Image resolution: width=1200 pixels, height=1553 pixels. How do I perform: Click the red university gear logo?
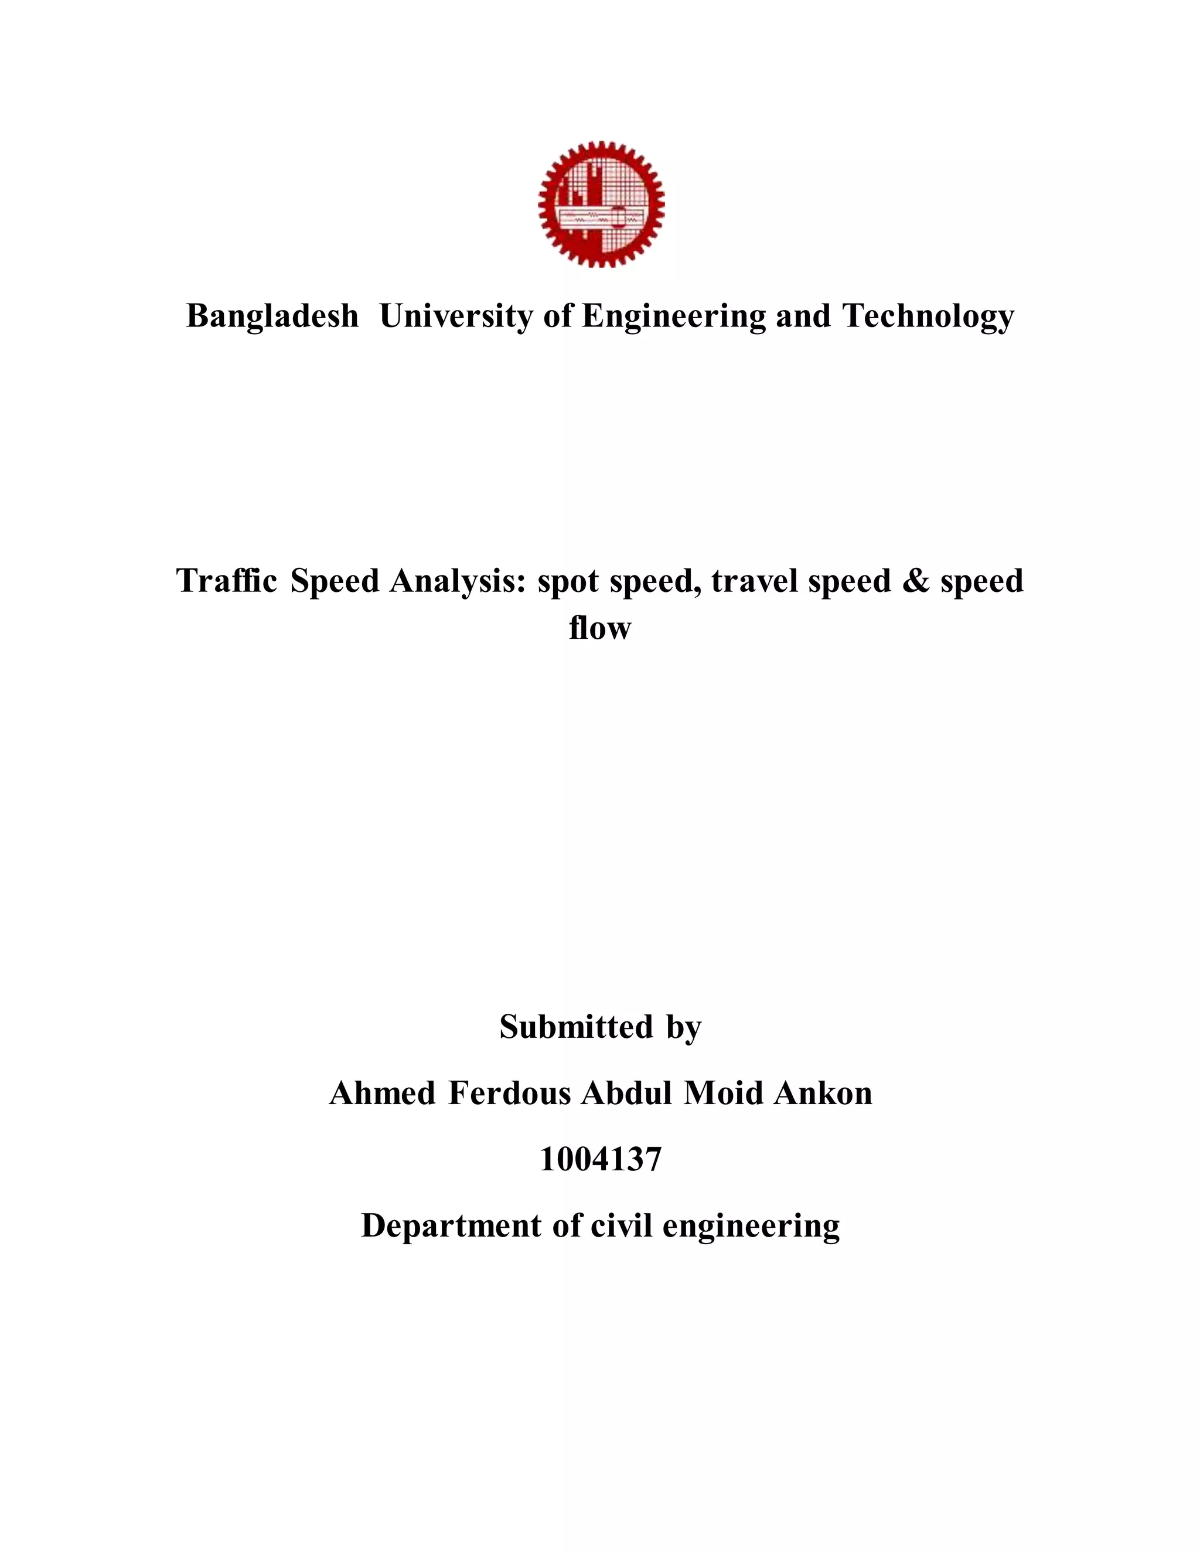point(601,204)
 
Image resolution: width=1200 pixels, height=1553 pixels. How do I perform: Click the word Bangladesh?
point(272,316)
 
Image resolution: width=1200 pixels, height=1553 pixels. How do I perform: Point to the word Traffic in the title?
point(227,581)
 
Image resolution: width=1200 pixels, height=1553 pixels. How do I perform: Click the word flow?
point(600,627)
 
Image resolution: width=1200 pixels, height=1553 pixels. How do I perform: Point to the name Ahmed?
point(383,1094)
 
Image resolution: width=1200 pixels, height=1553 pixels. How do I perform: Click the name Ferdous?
point(510,1094)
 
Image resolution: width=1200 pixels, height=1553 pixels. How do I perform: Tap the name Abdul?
point(626,1094)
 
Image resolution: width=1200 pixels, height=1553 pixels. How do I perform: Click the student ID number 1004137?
point(601,1160)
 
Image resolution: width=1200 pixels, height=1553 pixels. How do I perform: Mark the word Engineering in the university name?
point(673,316)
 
